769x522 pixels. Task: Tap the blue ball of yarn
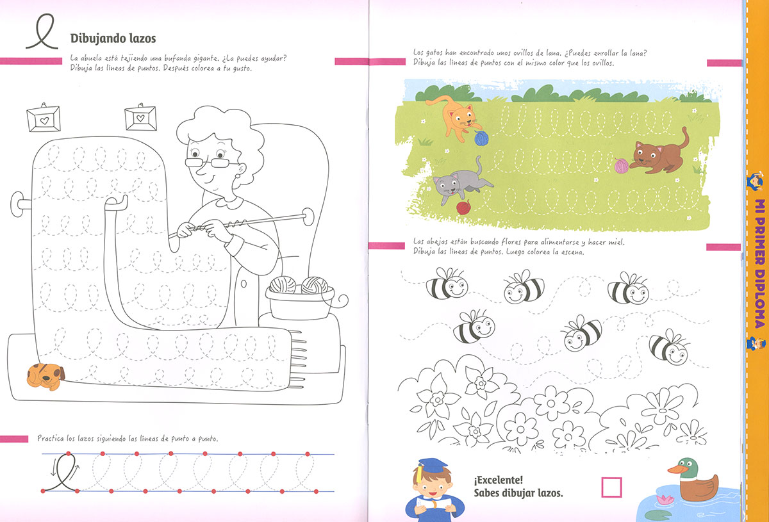481,138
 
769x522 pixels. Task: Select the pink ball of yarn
622,165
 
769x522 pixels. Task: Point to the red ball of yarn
463,208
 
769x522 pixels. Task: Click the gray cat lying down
460,182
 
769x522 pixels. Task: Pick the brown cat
657,154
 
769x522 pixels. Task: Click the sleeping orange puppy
45,377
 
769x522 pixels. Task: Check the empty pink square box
611,487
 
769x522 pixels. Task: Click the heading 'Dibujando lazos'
113,38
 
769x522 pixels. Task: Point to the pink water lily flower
665,499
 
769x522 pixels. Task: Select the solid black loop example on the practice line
62,473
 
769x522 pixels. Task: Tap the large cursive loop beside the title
42,31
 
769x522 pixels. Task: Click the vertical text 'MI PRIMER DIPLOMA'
759,263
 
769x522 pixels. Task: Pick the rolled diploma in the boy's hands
433,505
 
